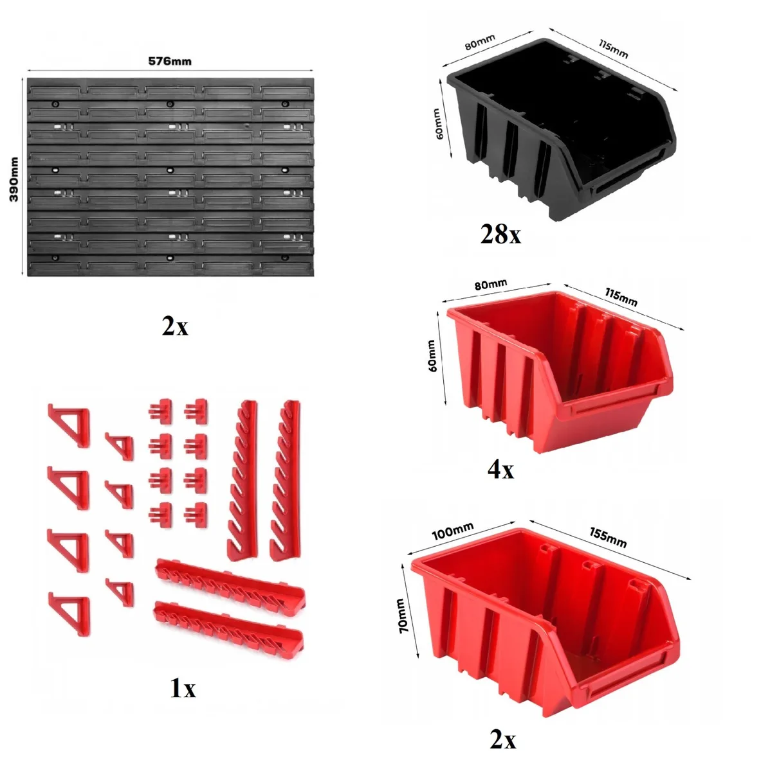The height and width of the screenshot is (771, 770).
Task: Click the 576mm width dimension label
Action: [x=170, y=61]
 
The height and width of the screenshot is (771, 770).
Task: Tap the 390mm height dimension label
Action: [x=14, y=179]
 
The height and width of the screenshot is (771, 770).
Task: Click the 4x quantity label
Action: [x=500, y=469]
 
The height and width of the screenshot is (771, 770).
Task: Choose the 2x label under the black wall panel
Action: [x=175, y=326]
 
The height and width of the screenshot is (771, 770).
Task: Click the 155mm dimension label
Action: [x=608, y=537]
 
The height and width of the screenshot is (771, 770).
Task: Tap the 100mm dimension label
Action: [x=452, y=531]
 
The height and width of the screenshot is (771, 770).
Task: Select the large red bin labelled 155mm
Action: [x=545, y=628]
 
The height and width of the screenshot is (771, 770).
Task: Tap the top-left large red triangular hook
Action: [x=69, y=425]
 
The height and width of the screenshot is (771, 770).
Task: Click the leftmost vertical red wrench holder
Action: [x=243, y=480]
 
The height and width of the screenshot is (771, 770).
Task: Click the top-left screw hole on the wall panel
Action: [x=56, y=104]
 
